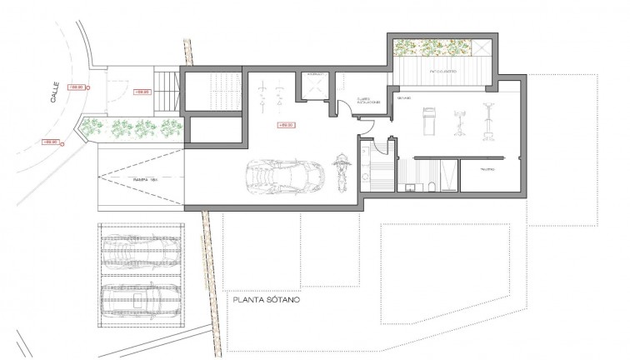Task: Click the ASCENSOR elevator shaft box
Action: (x=316, y=85)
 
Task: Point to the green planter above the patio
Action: (x=432, y=47)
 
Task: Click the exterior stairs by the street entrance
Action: (x=171, y=90)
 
